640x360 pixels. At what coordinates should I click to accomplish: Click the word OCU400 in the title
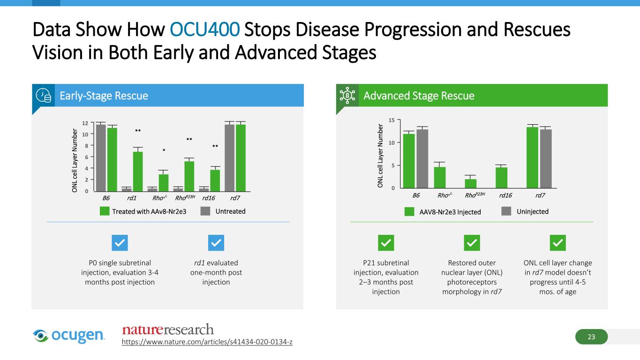click(204, 30)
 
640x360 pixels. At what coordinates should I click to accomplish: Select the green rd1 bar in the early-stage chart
click(138, 172)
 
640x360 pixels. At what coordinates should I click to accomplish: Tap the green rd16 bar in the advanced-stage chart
click(501, 178)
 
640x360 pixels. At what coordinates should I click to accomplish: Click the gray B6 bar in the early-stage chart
click(101, 157)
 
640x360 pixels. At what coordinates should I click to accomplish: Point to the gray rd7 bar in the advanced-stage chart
click(546, 158)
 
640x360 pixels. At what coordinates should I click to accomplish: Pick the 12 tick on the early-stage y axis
click(85, 123)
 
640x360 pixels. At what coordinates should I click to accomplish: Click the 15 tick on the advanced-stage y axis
click(392, 120)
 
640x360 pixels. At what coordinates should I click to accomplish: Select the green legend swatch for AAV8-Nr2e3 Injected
click(409, 212)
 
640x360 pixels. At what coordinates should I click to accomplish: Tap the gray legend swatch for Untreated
click(205, 211)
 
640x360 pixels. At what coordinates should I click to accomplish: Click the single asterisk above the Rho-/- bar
click(164, 150)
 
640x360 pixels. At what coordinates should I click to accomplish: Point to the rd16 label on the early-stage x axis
click(209, 198)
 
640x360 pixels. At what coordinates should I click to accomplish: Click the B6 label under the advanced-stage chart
click(416, 195)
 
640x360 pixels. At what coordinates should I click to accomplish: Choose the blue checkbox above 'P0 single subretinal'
click(120, 243)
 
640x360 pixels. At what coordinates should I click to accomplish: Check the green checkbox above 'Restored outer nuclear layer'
click(472, 243)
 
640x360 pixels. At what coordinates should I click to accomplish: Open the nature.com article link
click(207, 342)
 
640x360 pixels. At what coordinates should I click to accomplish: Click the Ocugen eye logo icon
click(40, 336)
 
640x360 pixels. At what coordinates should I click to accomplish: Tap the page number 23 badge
click(591, 337)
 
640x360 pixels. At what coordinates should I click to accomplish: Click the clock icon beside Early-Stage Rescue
click(44, 96)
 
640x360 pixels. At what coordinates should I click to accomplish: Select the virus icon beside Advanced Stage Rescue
click(347, 96)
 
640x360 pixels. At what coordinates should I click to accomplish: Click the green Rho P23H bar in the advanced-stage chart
click(471, 183)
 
